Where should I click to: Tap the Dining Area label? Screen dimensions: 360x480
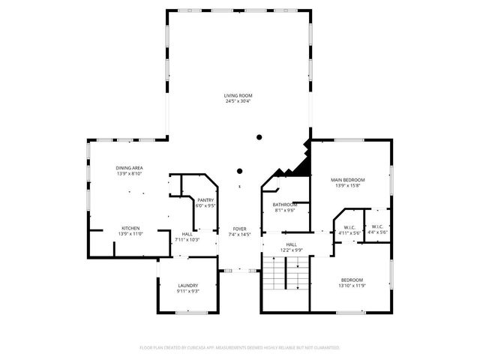click(129, 168)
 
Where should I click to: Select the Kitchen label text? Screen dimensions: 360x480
click(130, 228)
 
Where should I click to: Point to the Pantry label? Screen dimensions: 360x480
click(205, 199)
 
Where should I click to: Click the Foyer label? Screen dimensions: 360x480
click(239, 229)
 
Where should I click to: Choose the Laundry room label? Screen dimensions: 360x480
click(187, 286)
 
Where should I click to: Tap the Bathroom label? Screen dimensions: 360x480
click(285, 205)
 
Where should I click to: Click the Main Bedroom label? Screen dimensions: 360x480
click(348, 180)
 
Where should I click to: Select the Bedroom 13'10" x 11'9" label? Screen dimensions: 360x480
click(352, 280)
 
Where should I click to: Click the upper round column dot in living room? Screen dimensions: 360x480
click(259, 137)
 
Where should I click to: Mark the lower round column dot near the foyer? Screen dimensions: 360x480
click(240, 170)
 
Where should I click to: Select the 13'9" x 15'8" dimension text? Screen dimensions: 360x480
click(348, 186)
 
